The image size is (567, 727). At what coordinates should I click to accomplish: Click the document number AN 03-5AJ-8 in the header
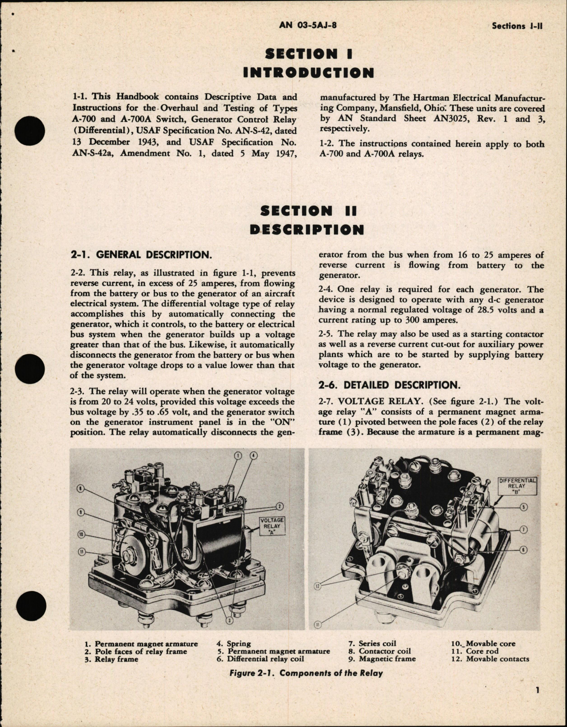(308, 25)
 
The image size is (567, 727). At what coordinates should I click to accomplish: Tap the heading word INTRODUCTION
(308, 73)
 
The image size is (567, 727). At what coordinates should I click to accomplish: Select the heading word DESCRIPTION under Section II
(307, 230)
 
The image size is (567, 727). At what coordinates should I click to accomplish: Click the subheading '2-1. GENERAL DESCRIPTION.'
(141, 255)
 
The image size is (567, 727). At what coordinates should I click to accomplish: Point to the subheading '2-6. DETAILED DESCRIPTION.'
(388, 385)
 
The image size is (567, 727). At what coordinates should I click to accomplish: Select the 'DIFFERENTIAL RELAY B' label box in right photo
(518, 486)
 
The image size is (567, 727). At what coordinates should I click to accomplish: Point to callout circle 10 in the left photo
(81, 535)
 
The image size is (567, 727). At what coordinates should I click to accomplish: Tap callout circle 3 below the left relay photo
(229, 620)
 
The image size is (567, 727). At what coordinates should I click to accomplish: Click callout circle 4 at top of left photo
(253, 455)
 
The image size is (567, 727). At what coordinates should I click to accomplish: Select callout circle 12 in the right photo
(316, 586)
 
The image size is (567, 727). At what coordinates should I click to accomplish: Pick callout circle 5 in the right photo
(524, 507)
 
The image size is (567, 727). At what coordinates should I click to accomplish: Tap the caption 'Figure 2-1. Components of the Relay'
(306, 673)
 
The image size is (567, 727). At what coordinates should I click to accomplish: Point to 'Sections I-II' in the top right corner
(517, 26)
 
